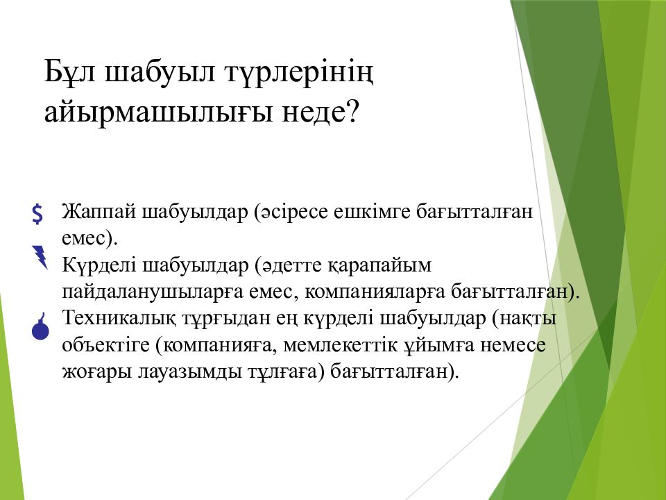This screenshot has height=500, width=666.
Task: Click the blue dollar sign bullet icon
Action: pyautogui.click(x=37, y=213)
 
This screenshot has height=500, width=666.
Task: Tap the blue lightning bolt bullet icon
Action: pyautogui.click(x=40, y=257)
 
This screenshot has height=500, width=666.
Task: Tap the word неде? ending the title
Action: pyautogui.click(x=321, y=111)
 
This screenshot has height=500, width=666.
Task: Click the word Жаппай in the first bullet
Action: pyautogui.click(x=99, y=212)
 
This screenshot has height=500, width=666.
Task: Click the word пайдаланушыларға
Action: pyautogui.click(x=152, y=292)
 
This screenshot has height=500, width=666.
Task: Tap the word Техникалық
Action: pyautogui.click(x=119, y=319)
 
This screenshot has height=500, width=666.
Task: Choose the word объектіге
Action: pyautogui.click(x=105, y=345)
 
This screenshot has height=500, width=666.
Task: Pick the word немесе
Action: pyautogui.click(x=513, y=345)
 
